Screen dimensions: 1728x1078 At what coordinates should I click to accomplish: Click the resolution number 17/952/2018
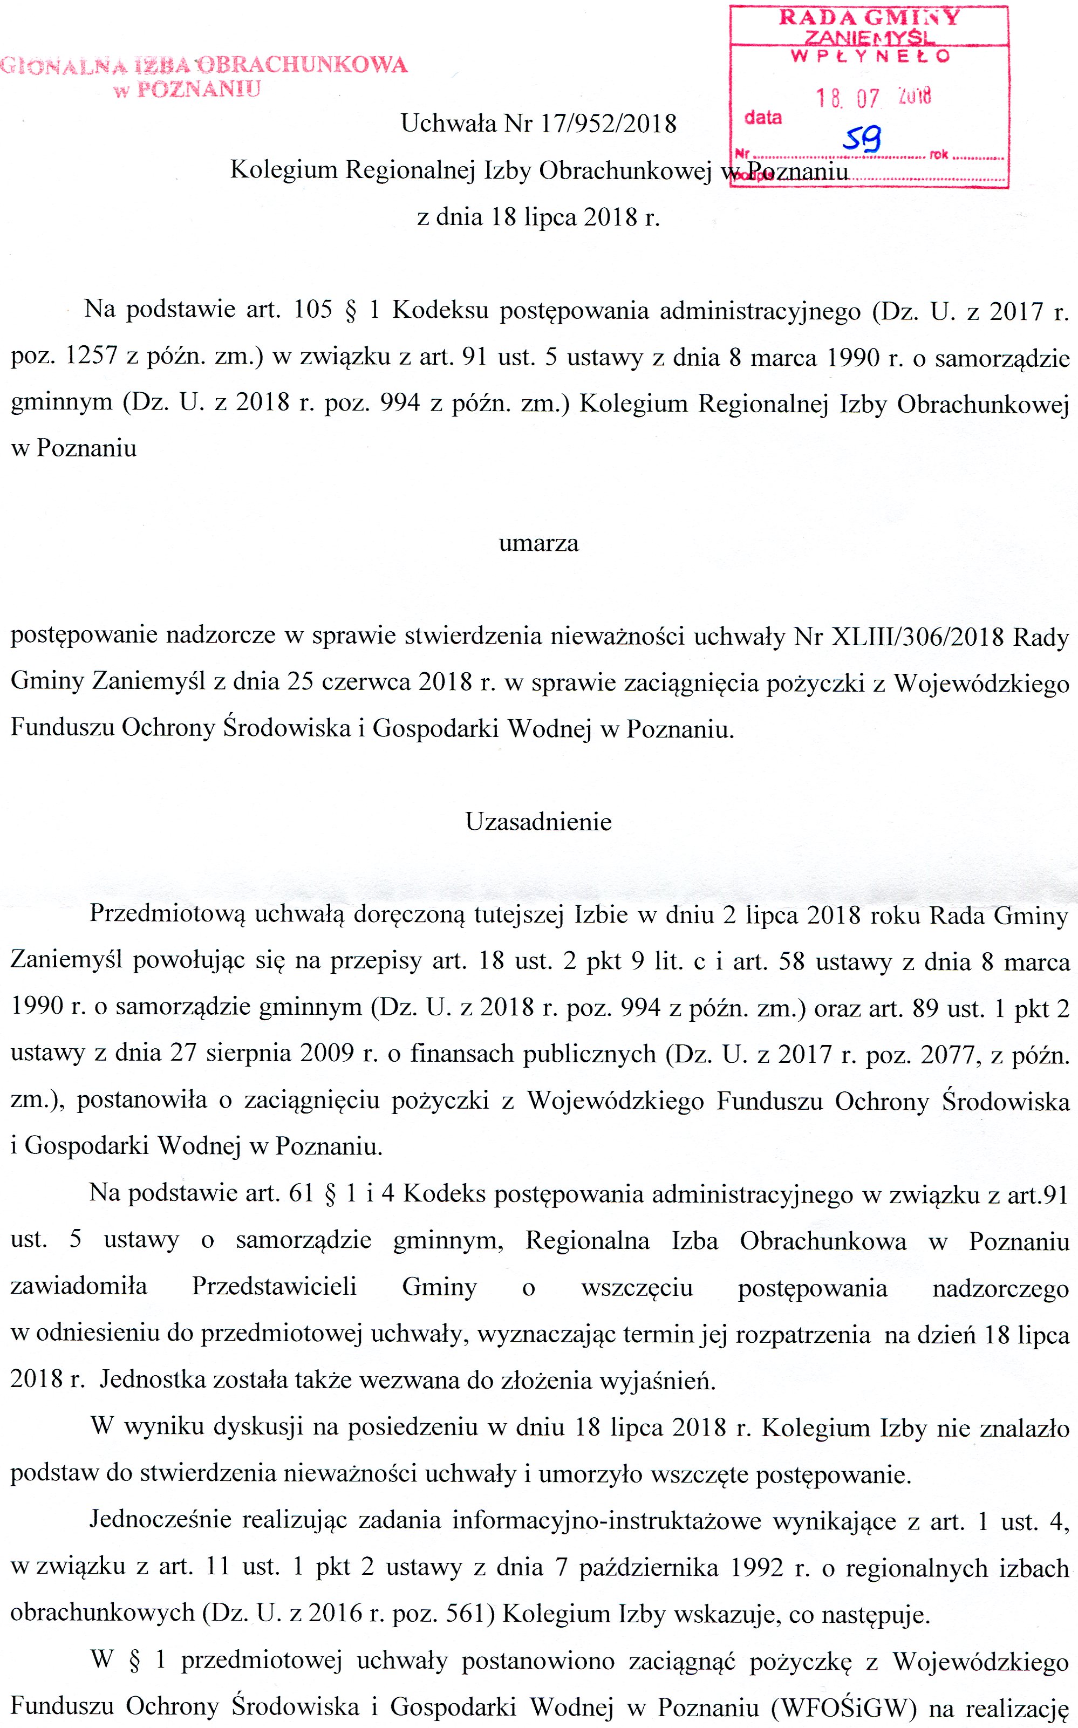click(608, 124)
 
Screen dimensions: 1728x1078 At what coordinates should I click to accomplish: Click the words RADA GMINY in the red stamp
click(869, 18)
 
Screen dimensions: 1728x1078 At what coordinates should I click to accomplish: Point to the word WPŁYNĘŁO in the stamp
click(870, 56)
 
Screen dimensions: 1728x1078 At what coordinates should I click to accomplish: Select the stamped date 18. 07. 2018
click(874, 98)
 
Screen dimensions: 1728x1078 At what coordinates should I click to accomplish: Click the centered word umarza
click(538, 543)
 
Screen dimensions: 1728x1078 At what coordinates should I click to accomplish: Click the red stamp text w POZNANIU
click(188, 89)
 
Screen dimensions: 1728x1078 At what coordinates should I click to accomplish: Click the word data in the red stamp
click(763, 118)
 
